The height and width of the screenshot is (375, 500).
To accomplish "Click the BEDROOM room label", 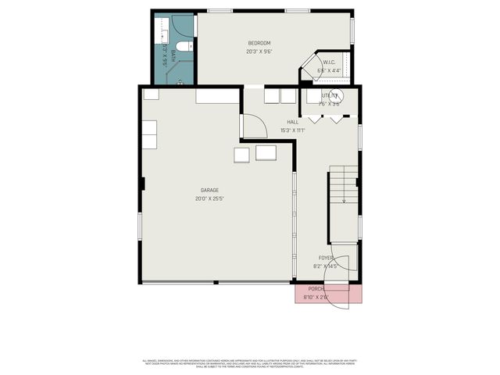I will pyautogui.click(x=259, y=42).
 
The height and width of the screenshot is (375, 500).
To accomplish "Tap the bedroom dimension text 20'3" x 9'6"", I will pyautogui.click(x=259, y=52).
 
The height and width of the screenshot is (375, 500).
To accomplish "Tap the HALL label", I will pyautogui.click(x=292, y=122).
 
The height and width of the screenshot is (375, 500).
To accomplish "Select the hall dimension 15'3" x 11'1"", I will pyautogui.click(x=292, y=130).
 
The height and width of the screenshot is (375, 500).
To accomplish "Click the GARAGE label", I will pyautogui.click(x=209, y=190).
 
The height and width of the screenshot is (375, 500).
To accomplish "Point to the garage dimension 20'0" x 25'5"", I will pyautogui.click(x=209, y=199).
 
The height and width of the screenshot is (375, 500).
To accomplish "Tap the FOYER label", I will pyautogui.click(x=325, y=258).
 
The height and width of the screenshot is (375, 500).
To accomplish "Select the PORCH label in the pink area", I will pyautogui.click(x=316, y=288).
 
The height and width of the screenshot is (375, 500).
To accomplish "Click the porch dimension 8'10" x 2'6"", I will pyautogui.click(x=316, y=297).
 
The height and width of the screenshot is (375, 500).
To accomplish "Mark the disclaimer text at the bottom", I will pyautogui.click(x=250, y=362).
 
